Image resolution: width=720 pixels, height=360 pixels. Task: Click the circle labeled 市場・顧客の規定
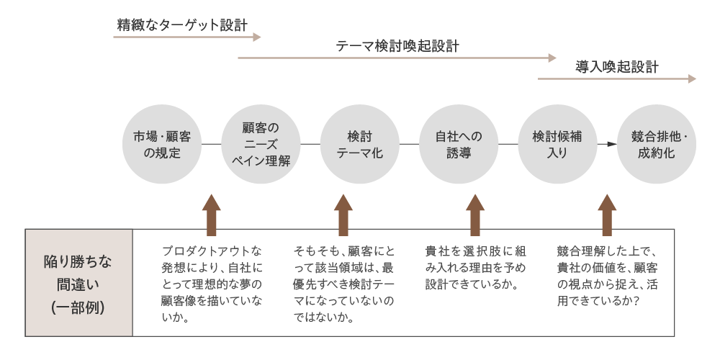coord(162,144)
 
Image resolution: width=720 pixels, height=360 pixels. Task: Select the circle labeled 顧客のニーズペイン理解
coord(261,144)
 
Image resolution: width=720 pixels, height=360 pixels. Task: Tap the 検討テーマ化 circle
coord(360,144)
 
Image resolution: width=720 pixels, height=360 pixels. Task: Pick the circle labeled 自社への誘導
coord(459,144)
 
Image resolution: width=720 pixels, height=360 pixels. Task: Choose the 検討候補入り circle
coord(557,144)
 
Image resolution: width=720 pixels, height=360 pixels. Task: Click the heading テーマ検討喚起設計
coord(397,47)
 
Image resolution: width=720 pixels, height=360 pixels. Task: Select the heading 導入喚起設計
coord(617,68)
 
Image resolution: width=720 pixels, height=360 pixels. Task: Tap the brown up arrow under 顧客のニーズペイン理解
coord(211,215)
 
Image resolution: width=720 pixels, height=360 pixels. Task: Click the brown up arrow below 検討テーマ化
coord(343,215)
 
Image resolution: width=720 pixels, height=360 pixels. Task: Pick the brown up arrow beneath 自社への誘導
coord(475,215)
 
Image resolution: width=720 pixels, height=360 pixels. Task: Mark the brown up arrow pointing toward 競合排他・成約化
coord(607,215)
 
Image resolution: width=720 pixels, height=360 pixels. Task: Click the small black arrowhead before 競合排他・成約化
coord(611,144)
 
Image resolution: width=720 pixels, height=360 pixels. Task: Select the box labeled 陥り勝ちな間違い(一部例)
coord(79,283)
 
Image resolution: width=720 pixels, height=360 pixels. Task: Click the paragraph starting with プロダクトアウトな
coord(211,283)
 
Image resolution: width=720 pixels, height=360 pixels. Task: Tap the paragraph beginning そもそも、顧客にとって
coord(343,283)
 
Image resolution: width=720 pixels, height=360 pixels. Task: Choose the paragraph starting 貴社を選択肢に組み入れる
coord(475,267)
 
